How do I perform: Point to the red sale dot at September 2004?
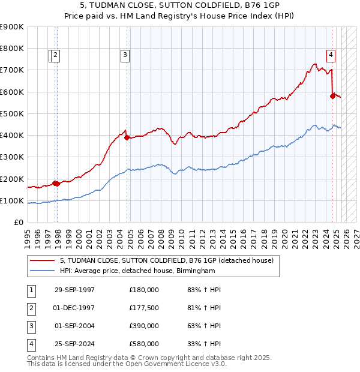pos(127,137)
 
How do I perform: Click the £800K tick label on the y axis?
pos(12,48)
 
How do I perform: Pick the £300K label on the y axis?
pos(12,157)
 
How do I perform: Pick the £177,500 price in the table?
pos(144,308)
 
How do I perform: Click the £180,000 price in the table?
pos(144,290)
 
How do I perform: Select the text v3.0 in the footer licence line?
pos(218,364)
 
